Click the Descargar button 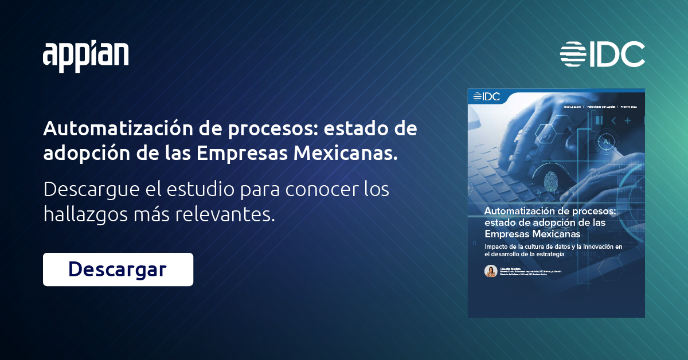pos(118,269)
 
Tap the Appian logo pos(86,56)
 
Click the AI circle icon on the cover pos(605,142)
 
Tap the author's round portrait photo pos(491,271)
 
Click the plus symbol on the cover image pos(628,120)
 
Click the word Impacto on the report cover pos(497,246)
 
